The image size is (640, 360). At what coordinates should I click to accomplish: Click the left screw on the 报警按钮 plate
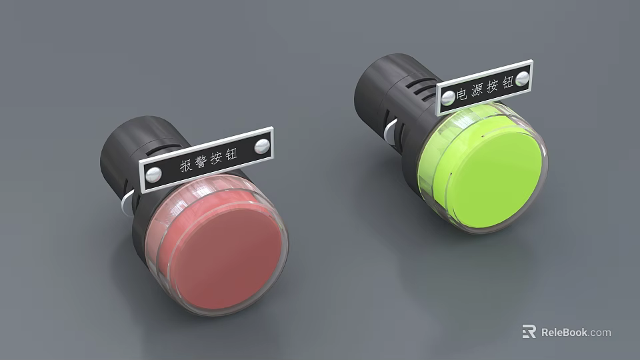pos(153,175)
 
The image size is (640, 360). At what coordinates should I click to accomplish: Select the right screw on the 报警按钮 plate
pos(262,145)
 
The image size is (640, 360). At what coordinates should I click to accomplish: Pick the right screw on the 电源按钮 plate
pos(521,78)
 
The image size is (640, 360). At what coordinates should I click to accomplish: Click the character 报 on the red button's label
pos(187,165)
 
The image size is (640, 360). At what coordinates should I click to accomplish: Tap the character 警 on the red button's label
pos(203,161)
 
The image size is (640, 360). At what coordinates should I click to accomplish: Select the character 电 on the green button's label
pos(462,93)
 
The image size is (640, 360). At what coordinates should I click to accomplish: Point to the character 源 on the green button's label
pos(477,90)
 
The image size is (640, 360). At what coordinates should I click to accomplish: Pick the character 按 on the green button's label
pos(492,86)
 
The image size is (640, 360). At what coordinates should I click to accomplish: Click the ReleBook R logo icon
pos(529,331)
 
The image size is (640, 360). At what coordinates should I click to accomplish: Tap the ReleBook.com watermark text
pos(575,332)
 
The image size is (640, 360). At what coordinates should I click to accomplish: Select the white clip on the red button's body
pos(126,203)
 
